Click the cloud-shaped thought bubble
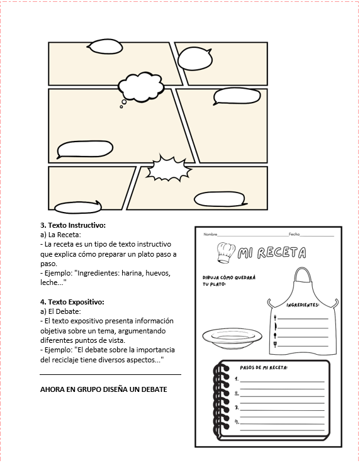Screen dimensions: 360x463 (141, 87)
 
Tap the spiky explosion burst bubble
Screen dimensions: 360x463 (168, 169)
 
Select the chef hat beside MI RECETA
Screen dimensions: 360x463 (225, 252)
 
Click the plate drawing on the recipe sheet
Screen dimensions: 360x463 (232, 338)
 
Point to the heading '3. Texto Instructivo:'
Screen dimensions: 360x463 (73, 225)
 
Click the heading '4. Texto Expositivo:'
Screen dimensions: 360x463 (72, 302)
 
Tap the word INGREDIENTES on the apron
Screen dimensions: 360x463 (303, 304)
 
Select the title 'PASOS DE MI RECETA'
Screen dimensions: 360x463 (264, 368)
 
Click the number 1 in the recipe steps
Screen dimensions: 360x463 (237, 379)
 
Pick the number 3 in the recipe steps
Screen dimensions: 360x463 (237, 408)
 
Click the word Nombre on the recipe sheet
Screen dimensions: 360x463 (210, 235)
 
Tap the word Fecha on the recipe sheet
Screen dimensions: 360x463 (294, 235)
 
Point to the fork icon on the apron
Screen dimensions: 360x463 (275, 318)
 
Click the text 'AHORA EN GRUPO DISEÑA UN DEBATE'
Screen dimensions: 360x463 (104, 389)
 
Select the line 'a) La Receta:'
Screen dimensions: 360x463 (60, 235)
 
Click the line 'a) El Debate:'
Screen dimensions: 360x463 (60, 312)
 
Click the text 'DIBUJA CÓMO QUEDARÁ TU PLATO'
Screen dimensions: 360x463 (229, 281)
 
